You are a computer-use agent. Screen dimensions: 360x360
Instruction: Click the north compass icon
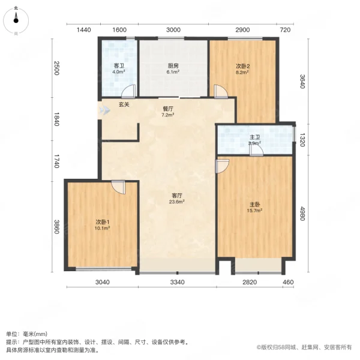click(x=16, y=20)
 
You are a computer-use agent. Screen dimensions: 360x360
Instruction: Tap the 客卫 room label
click(x=119, y=66)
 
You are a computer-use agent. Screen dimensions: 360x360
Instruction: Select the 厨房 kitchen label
click(x=173, y=66)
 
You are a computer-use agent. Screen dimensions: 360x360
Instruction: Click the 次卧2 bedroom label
click(x=242, y=65)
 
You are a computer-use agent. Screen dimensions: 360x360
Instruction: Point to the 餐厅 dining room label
click(x=169, y=109)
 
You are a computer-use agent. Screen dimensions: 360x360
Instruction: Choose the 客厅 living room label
click(x=176, y=196)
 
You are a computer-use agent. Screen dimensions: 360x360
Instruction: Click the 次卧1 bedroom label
click(x=103, y=222)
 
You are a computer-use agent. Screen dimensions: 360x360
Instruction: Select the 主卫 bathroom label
click(x=254, y=137)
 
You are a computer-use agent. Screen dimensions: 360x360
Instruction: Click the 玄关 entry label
click(x=124, y=104)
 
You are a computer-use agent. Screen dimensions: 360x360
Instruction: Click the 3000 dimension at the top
click(x=173, y=30)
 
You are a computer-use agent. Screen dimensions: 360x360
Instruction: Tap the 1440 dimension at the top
click(x=83, y=30)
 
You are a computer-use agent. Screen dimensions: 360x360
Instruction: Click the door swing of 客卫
click(x=128, y=92)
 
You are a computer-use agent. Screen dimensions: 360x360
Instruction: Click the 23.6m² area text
click(x=176, y=202)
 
